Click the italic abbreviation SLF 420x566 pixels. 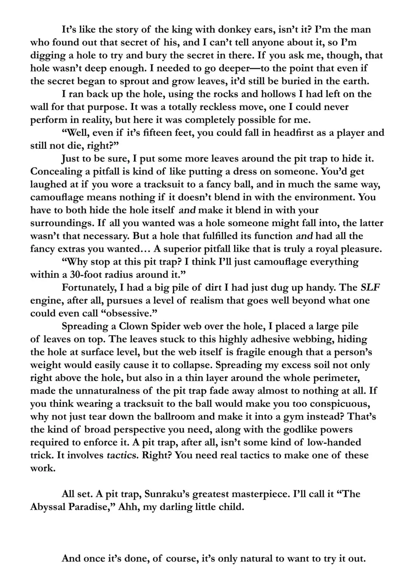pyautogui.click(x=370, y=288)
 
